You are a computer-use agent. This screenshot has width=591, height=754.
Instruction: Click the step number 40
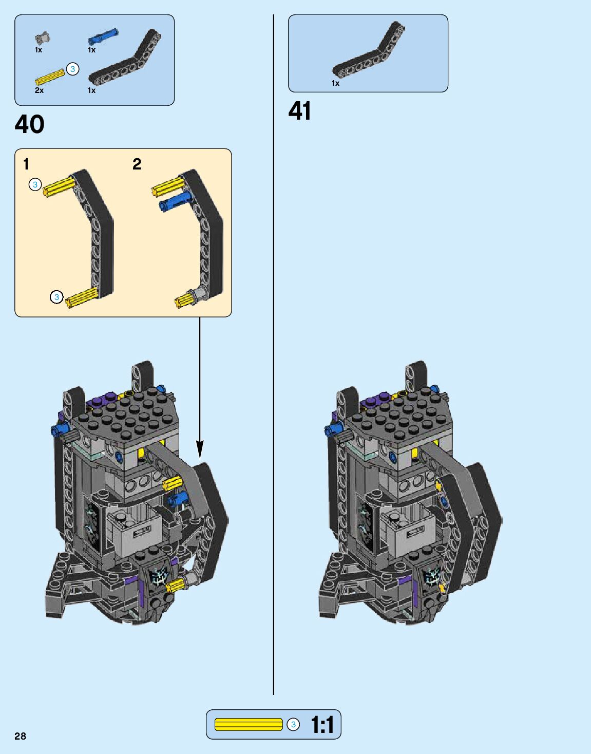pos(29,124)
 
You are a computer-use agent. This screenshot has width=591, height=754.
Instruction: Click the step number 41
pos(300,111)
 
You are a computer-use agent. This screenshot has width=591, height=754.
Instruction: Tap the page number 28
pos(20,736)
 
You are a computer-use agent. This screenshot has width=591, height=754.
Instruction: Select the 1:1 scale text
pos(322,725)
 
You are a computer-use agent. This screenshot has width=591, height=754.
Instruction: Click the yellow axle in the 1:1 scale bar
pos(249,725)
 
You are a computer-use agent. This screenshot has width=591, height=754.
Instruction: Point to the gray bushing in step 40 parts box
pos(43,37)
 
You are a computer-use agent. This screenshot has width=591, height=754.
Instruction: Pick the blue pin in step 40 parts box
pos(103,36)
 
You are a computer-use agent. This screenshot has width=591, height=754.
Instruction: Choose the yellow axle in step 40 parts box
pos(50,78)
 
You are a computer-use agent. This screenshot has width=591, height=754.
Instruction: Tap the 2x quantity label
pos(39,90)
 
